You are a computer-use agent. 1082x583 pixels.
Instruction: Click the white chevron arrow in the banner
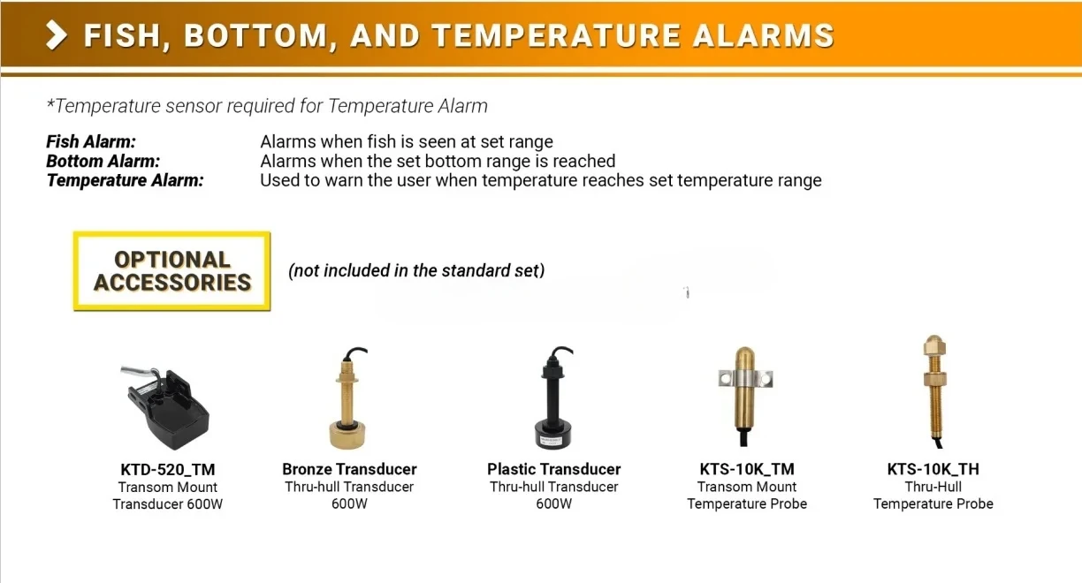[x=57, y=35]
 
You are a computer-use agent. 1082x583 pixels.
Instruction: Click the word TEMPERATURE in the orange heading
[x=555, y=36]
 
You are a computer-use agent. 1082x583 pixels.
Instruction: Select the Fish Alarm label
[x=91, y=142]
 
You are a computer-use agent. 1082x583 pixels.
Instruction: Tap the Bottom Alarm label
[x=103, y=161]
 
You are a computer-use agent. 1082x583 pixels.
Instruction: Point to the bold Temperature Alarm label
[x=126, y=180]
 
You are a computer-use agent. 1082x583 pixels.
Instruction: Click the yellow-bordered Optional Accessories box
[x=172, y=271]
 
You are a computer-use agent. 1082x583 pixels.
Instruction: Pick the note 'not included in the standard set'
[x=416, y=271]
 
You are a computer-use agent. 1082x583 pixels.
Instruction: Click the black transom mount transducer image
[x=165, y=406]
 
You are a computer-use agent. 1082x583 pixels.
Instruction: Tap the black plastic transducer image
[x=553, y=397]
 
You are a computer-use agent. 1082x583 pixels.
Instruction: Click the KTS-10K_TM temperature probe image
[x=745, y=395]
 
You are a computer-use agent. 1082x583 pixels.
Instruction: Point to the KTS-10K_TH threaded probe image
[x=933, y=391]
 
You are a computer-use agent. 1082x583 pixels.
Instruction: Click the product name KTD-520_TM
[x=168, y=469]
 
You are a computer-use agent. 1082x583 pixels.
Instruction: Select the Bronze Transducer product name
[x=349, y=469]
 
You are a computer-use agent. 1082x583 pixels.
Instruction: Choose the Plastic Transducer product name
[x=553, y=469]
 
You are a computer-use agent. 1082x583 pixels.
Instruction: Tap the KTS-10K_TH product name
[x=933, y=469]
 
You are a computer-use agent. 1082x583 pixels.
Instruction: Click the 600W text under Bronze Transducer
[x=349, y=503]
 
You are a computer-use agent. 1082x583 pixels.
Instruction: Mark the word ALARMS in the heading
[x=764, y=36]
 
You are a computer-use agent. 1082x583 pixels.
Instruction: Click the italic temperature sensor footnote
[x=267, y=106]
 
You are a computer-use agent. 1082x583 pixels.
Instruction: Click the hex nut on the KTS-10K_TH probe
[x=933, y=378]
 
